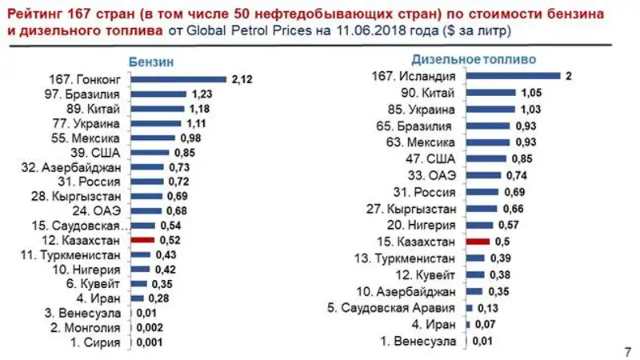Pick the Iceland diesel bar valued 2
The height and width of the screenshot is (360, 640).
pyautogui.click(x=514, y=76)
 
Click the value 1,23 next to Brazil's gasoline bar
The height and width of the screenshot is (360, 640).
pyautogui.click(x=200, y=94)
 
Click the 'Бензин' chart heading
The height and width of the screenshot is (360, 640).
pyautogui.click(x=151, y=62)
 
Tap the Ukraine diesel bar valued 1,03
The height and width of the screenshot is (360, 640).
pyautogui.click(x=490, y=109)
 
